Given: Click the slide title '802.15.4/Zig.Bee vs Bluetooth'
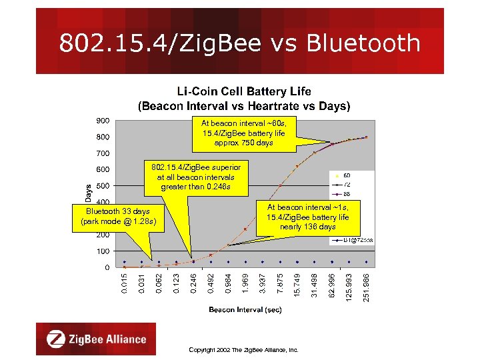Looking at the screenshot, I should coord(239,43).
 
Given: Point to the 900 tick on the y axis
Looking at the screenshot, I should coord(102,121).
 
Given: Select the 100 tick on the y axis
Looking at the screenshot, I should coord(102,251).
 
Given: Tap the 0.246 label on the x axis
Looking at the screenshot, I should coord(193,281).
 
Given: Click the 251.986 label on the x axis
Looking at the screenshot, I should coord(366,285).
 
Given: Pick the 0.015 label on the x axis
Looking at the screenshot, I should coord(124,281).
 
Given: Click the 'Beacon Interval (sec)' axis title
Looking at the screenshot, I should coord(245,309).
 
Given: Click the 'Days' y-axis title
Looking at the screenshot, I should coord(89,193).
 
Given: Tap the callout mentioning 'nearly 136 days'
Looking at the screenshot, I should coord(307,217).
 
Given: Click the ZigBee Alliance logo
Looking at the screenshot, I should coord(96,339).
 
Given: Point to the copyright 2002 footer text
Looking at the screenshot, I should coord(243,349).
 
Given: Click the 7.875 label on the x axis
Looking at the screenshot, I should coord(279,281).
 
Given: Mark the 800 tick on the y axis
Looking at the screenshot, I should coord(102,137).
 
